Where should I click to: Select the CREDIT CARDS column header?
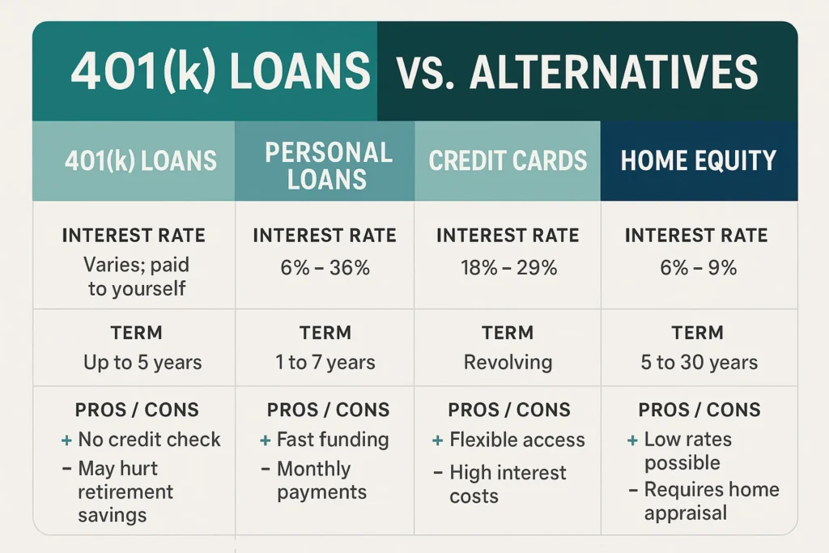click(508, 160)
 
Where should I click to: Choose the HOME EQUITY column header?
click(698, 160)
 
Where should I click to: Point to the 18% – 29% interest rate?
click(508, 268)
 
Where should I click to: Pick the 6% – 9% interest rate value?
click(697, 268)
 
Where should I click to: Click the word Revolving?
click(508, 362)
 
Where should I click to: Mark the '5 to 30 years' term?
click(699, 362)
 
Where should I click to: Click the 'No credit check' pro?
click(149, 440)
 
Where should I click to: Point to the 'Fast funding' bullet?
click(333, 440)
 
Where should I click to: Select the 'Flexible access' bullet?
click(517, 440)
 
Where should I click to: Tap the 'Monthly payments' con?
click(321, 480)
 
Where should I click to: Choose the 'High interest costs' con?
click(508, 483)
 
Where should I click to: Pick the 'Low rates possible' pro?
click(687, 451)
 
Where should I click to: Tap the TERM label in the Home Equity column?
click(697, 332)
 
